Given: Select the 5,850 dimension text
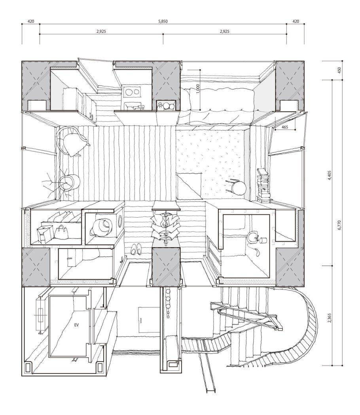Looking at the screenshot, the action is click(163, 21).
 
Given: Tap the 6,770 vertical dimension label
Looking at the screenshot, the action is click(340, 225).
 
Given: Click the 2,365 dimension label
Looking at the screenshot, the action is click(329, 318).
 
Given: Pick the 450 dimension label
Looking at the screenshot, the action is click(339, 70).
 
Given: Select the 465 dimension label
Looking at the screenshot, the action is click(285, 127).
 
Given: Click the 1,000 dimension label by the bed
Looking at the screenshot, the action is click(198, 89).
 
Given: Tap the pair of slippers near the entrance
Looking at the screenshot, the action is click(136, 249).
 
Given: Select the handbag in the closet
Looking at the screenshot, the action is click(61, 232).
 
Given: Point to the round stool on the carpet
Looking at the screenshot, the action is click(237, 187).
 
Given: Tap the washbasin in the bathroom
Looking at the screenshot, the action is click(253, 237).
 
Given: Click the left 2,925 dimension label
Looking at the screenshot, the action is click(101, 32).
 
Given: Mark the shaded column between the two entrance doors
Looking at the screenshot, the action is click(166, 267).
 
